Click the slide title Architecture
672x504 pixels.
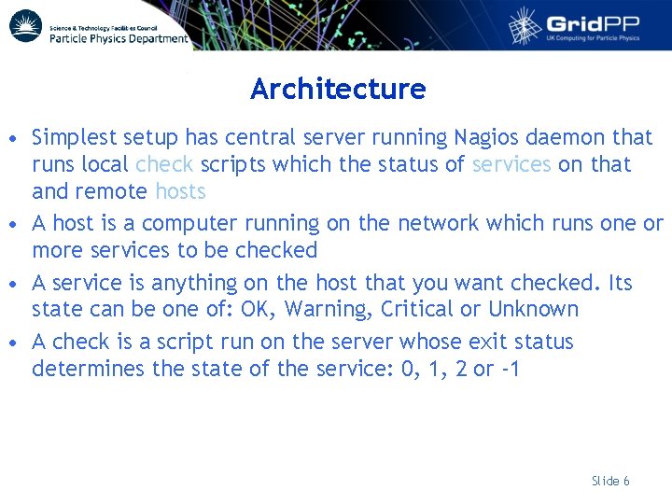click(338, 90)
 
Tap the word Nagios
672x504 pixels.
click(486, 138)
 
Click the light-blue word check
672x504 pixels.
click(164, 165)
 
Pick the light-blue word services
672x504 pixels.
click(511, 165)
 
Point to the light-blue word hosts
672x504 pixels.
click(180, 192)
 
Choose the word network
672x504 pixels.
click(436, 224)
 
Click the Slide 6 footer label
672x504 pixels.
click(610, 481)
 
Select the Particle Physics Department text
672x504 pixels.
click(118, 38)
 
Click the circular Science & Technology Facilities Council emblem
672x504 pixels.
click(25, 25)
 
